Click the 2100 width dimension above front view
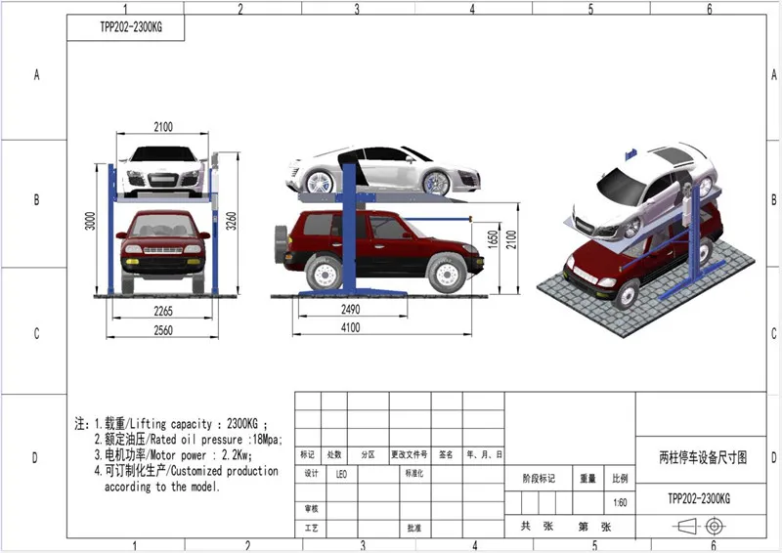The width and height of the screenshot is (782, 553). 162,126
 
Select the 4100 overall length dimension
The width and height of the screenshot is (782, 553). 350,327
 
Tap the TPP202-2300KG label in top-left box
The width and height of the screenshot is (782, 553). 128,27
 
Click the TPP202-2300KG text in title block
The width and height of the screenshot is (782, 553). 698,497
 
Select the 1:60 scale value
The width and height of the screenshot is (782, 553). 619,503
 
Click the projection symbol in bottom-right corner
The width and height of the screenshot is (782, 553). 700,527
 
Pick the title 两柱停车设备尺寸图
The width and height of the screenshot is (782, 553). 697,456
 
